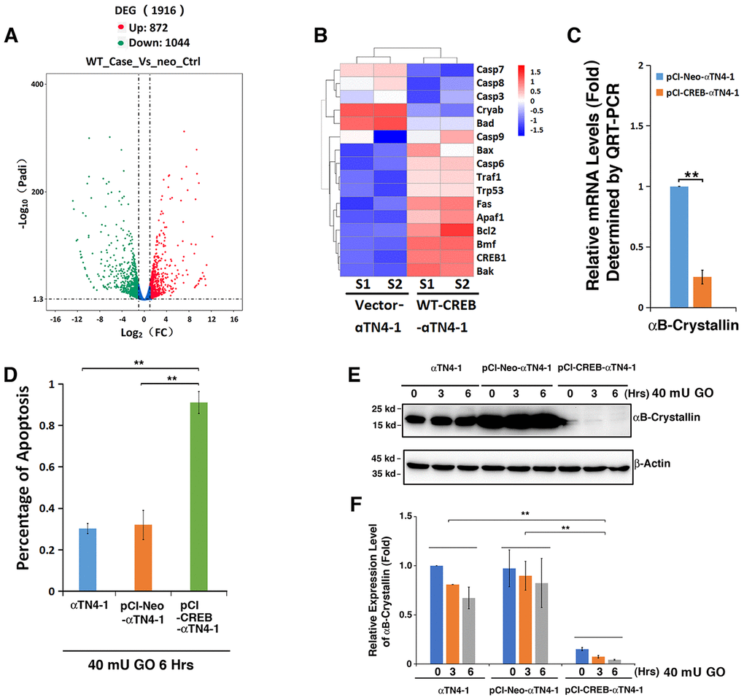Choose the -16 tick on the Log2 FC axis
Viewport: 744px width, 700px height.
pos(53,319)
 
